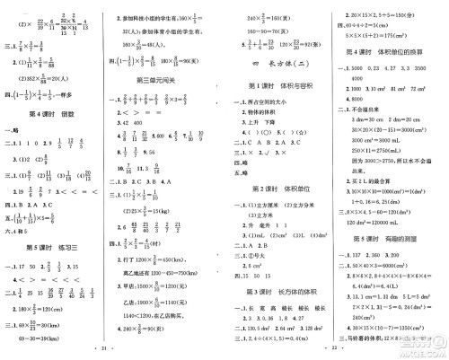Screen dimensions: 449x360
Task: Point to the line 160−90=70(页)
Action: [x=260, y=28]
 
